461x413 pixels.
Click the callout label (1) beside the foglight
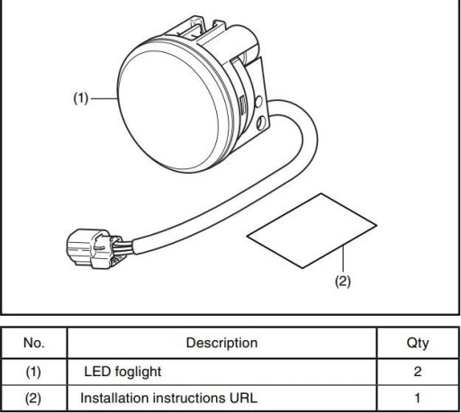tap(81, 98)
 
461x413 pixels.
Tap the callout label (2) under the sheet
tap(343, 282)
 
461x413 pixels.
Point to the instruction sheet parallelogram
tap(312, 230)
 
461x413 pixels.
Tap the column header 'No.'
tap(34, 343)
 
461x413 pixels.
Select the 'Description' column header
tap(221, 343)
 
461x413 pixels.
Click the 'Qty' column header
tap(418, 343)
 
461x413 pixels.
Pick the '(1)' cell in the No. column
tap(33, 372)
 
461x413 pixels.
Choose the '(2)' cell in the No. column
tap(33, 399)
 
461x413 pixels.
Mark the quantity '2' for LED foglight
tap(418, 372)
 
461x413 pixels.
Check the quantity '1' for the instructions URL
tap(418, 398)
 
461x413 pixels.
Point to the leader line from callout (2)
tap(343, 259)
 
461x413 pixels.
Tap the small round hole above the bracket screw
tap(258, 102)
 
